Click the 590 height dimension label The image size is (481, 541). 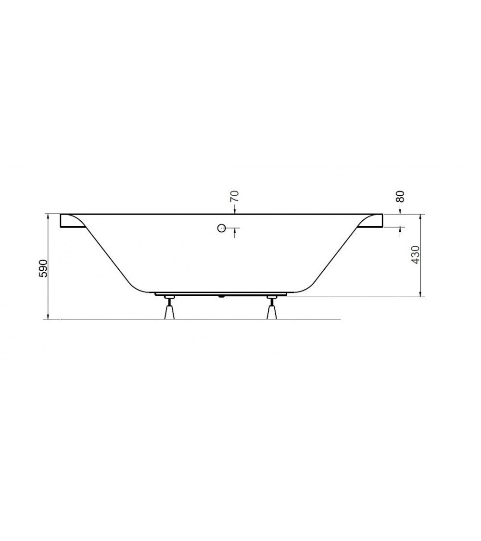43,267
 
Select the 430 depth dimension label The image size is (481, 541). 416,254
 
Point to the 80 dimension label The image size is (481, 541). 400,197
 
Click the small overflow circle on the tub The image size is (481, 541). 222,228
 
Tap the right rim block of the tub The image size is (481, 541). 370,221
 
